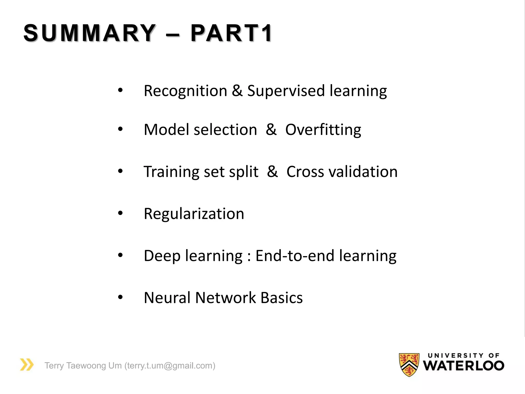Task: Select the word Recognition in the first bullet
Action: (x=185, y=91)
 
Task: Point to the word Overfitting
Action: (x=323, y=130)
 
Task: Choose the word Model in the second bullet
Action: (x=166, y=130)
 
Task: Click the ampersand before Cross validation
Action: (x=272, y=171)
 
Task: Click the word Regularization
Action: (x=194, y=214)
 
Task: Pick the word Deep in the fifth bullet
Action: (x=162, y=256)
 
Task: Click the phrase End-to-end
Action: (x=295, y=256)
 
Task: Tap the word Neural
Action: (x=167, y=298)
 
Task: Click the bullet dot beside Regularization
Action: (x=120, y=213)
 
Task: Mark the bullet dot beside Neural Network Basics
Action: (x=120, y=297)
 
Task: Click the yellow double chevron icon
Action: (x=27, y=365)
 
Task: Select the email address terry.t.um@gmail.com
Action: (x=170, y=366)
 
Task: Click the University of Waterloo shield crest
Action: (x=409, y=365)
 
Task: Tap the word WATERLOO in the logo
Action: (x=463, y=366)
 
